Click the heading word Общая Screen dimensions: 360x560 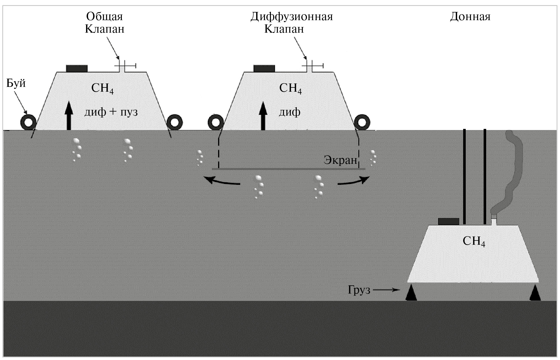pyautogui.click(x=104, y=16)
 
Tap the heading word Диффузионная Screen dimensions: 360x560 pyautogui.click(x=291, y=16)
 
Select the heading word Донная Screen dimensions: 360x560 pyautogui.click(x=470, y=16)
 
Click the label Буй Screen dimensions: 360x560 pyautogui.click(x=16, y=83)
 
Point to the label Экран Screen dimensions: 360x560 pyautogui.click(x=340, y=160)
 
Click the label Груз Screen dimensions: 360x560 pyautogui.click(x=359, y=290)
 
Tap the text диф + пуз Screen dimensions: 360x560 pyautogui.click(x=111, y=112)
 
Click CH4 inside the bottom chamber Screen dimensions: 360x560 pyautogui.click(x=474, y=241)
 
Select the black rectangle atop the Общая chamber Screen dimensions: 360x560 pyautogui.click(x=77, y=68)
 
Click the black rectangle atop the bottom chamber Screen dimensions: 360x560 pyautogui.click(x=448, y=221)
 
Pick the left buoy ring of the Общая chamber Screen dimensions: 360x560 pyautogui.click(x=28, y=122)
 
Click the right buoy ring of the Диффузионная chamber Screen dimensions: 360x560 pyautogui.click(x=362, y=122)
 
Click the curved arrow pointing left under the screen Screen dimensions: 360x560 pyautogui.click(x=222, y=181)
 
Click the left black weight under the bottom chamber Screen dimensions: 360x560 pyautogui.click(x=411, y=293)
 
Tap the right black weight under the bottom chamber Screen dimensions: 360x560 pyautogui.click(x=535, y=293)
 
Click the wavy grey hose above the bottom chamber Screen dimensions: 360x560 pyautogui.click(x=513, y=170)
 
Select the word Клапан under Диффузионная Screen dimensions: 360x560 pyautogui.click(x=284, y=29)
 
